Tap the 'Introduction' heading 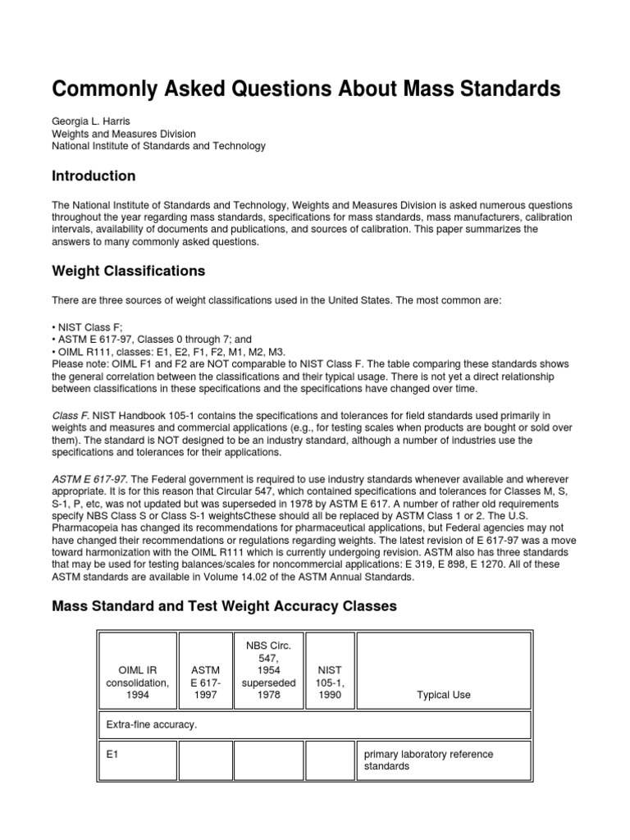(94, 176)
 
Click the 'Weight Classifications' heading (128, 271)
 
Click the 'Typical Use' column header (444, 695)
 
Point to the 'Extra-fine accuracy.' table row (153, 725)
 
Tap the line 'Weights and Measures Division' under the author (124, 134)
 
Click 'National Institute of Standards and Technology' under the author (158, 146)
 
